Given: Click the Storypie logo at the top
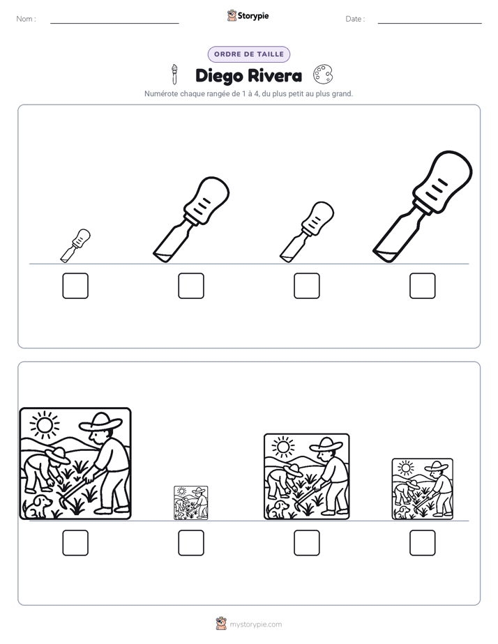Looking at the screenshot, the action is (x=248, y=15).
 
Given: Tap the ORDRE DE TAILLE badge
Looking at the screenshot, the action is (x=249, y=54).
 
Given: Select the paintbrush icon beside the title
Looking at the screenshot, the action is (x=174, y=74).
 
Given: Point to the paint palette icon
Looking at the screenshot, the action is (x=323, y=74).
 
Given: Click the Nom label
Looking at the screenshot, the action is (x=27, y=19).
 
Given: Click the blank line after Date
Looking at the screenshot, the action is (x=430, y=23).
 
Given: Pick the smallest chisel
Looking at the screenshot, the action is (x=75, y=245).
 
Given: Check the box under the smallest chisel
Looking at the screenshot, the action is (x=75, y=286).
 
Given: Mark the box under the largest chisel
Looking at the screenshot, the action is (x=423, y=286).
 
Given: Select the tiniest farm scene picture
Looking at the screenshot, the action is (x=191, y=503).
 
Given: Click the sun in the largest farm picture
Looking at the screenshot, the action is (x=45, y=424).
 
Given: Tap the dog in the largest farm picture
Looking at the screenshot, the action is (x=38, y=507).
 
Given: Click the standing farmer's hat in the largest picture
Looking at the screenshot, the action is (x=100, y=422).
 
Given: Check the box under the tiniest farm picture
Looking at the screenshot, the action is (x=191, y=543).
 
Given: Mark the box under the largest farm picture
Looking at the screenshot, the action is (x=75, y=543).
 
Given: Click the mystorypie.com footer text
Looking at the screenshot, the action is (x=255, y=624).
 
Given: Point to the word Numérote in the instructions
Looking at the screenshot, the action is (x=161, y=93).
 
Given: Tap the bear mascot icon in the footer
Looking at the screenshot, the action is (x=221, y=624).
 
